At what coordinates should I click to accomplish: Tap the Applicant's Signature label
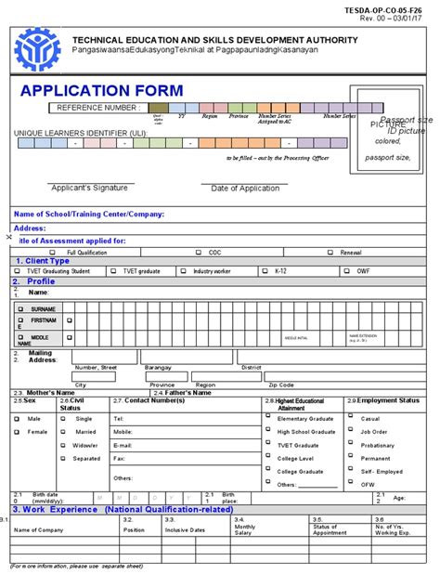click(x=89, y=188)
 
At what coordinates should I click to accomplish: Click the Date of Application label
click(x=245, y=189)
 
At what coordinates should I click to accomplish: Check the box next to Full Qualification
click(x=58, y=253)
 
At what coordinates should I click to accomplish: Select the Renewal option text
click(x=351, y=253)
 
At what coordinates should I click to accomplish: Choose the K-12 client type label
click(x=281, y=271)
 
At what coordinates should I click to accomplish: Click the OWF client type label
click(x=363, y=271)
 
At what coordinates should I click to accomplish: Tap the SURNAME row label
click(x=43, y=308)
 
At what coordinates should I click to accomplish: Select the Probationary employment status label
click(x=377, y=445)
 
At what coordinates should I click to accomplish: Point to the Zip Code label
click(x=281, y=385)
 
